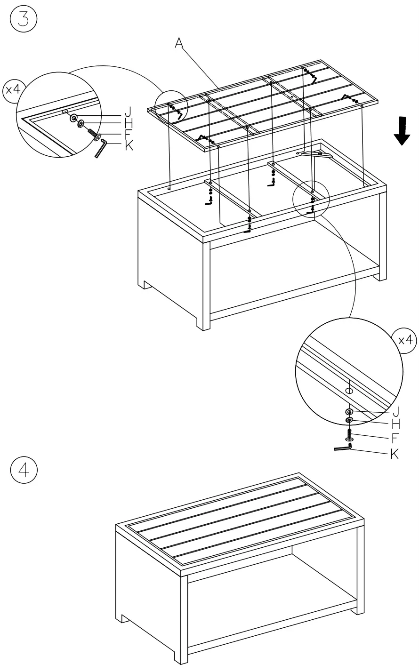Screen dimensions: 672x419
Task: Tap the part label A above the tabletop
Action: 179,43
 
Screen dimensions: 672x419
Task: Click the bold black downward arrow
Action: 402,132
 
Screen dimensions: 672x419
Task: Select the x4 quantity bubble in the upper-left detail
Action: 12,89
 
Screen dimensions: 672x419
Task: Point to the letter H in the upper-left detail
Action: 129,124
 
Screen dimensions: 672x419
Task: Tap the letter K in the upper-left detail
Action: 129,146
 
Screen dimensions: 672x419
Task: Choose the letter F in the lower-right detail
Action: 396,438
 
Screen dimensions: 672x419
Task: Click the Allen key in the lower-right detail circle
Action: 343,448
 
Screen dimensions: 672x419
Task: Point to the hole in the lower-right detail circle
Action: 349,391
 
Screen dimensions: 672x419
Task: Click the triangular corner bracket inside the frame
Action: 317,154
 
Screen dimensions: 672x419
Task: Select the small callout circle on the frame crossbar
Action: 311,199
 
